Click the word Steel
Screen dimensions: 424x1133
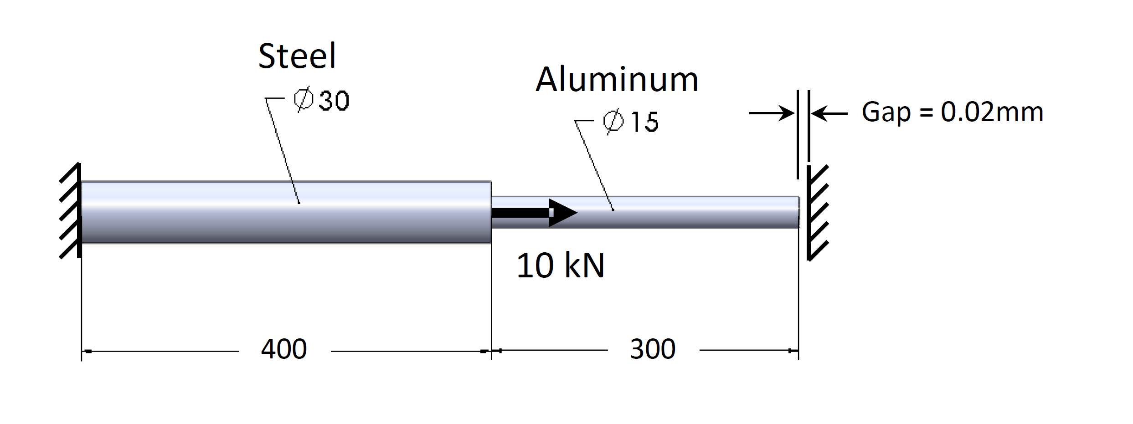(297, 56)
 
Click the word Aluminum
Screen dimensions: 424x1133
(617, 79)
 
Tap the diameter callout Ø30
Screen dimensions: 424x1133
(322, 100)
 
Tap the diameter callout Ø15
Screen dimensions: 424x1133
(631, 122)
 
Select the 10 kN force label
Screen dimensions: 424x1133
(560, 266)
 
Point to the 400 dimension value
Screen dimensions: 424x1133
(284, 349)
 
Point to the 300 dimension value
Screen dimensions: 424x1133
(653, 349)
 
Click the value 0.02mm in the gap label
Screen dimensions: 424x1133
(992, 112)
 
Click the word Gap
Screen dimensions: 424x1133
(886, 112)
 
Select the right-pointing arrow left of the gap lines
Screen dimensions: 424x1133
(771, 113)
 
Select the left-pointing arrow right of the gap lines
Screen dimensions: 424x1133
(829, 113)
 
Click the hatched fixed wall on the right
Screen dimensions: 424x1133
(817, 213)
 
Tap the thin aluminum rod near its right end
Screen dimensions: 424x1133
(766, 213)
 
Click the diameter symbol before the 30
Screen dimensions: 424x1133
(304, 99)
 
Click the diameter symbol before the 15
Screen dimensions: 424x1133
(613, 122)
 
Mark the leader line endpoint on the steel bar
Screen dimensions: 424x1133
(299, 203)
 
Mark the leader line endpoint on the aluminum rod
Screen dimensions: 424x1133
(613, 210)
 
